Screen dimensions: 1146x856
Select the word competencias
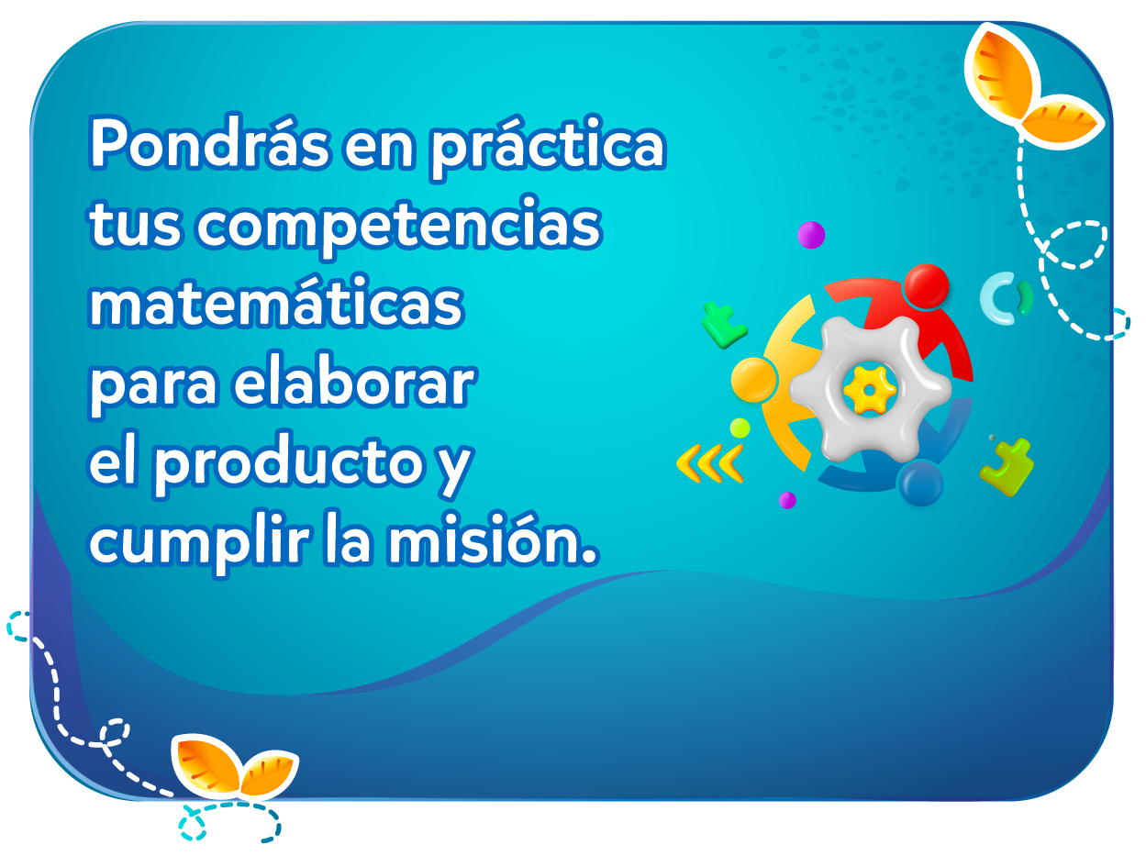pyautogui.click(x=398, y=226)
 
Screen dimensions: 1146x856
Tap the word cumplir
pyautogui.click(x=199, y=543)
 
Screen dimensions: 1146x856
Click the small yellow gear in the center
pyautogui.click(x=869, y=390)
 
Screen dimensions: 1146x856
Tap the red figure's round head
pyautogui.click(x=926, y=286)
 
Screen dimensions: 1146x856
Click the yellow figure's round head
pyautogui.click(x=753, y=380)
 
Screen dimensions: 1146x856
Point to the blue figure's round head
pyautogui.click(x=920, y=484)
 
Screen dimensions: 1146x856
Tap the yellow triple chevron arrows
pyautogui.click(x=709, y=463)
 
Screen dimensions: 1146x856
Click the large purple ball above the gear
pyautogui.click(x=811, y=235)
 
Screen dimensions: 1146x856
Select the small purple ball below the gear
pyautogui.click(x=787, y=500)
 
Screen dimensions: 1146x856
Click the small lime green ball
pyautogui.click(x=740, y=428)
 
